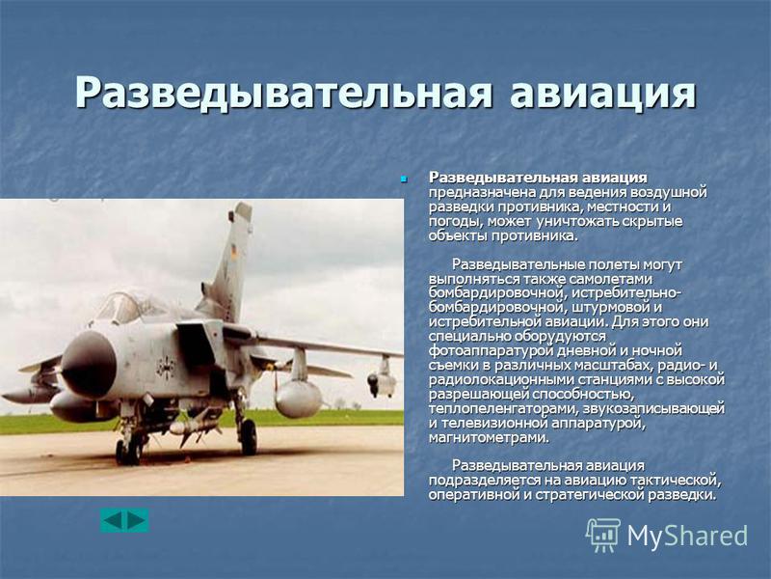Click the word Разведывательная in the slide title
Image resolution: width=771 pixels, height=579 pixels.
coord(283,92)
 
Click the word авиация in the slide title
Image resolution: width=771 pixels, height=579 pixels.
coord(603,92)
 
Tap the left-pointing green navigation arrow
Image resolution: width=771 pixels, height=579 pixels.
coord(113,520)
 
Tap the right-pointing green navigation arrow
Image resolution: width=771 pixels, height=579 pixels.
coord(136,520)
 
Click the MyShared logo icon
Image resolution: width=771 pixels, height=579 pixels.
coord(603,535)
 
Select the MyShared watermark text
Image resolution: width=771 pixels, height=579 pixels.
coord(687,536)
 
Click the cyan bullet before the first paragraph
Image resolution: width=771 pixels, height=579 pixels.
coord(404,179)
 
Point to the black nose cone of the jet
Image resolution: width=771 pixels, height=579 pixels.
coord(89,365)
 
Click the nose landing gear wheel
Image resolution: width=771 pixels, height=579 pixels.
coord(129,452)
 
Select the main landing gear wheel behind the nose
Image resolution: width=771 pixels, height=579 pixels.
coord(249,437)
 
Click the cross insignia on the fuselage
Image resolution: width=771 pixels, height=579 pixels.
coord(166,367)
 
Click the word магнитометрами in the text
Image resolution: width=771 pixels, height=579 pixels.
coord(489,437)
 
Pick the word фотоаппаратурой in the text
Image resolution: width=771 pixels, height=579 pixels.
coord(492,351)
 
